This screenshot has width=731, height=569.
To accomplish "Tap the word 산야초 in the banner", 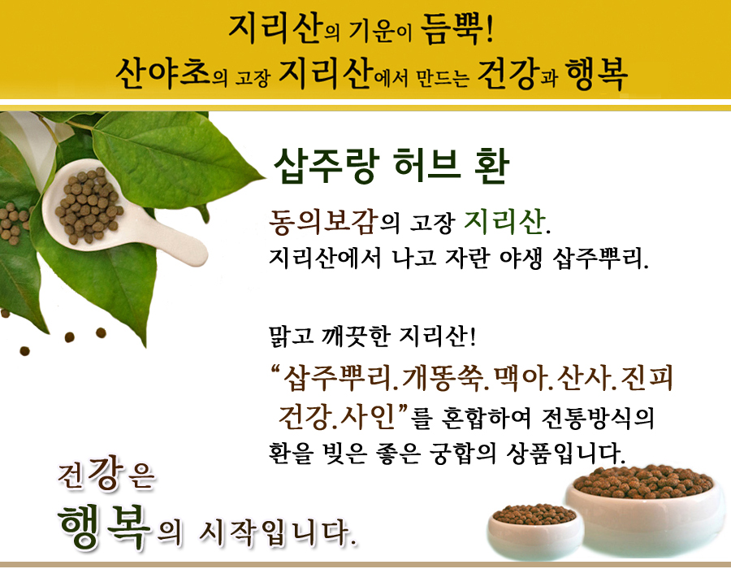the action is point(162,74).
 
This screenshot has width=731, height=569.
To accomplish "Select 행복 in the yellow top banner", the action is point(596,75).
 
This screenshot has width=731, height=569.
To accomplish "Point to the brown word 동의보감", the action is point(323,221).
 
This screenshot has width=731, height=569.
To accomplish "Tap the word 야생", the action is point(521,258).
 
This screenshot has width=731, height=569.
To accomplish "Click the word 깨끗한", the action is point(355,336).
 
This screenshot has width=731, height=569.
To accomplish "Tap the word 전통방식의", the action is point(598,418).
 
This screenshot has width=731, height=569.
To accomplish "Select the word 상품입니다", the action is point(565,454).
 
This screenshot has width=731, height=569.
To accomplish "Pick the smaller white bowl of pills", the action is point(535,532).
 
